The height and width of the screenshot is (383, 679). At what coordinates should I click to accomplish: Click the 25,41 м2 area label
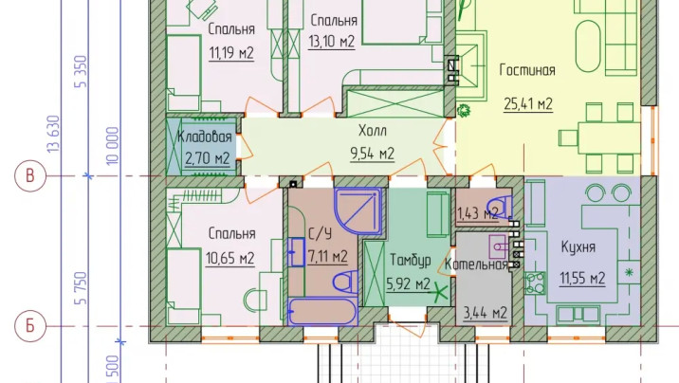click(526, 103)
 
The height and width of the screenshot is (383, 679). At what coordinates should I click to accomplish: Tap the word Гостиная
click(526, 70)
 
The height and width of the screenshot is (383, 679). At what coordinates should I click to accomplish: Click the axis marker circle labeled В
click(30, 176)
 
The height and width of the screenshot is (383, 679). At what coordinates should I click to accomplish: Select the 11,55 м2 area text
click(582, 278)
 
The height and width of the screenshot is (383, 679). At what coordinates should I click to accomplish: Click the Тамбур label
click(410, 260)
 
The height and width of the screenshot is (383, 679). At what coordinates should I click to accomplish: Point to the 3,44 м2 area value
click(485, 311)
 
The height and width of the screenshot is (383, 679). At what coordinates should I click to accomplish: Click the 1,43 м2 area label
click(477, 214)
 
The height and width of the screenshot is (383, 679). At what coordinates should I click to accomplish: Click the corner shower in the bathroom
click(359, 210)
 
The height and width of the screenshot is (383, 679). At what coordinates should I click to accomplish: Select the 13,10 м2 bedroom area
click(332, 41)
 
